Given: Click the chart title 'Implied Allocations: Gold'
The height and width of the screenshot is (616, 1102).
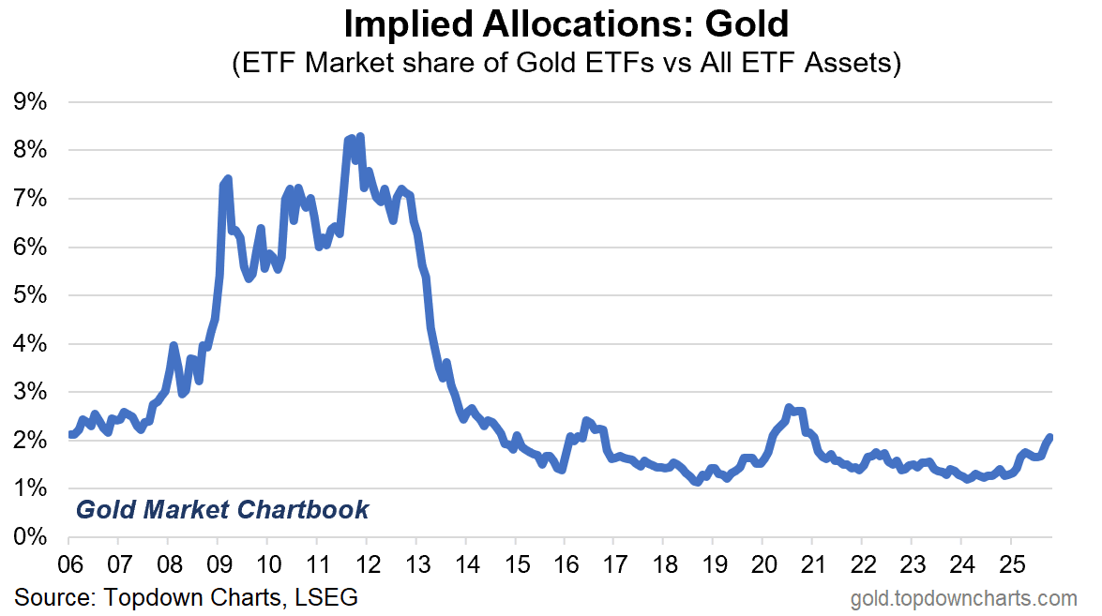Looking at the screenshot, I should tap(566, 23).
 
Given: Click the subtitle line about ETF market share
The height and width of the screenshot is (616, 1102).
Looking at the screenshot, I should tap(566, 64).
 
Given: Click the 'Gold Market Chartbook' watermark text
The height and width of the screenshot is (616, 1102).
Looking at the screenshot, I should tap(222, 510).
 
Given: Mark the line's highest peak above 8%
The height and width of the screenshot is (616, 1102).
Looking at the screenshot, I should tap(360, 137).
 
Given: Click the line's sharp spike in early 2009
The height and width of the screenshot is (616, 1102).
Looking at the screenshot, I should tap(227, 178).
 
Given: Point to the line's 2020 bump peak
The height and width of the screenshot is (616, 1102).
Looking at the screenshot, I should tap(789, 408).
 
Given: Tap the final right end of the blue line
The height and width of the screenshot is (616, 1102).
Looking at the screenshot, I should tap(1049, 437).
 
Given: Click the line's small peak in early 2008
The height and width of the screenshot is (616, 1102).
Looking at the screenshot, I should tap(174, 346).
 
